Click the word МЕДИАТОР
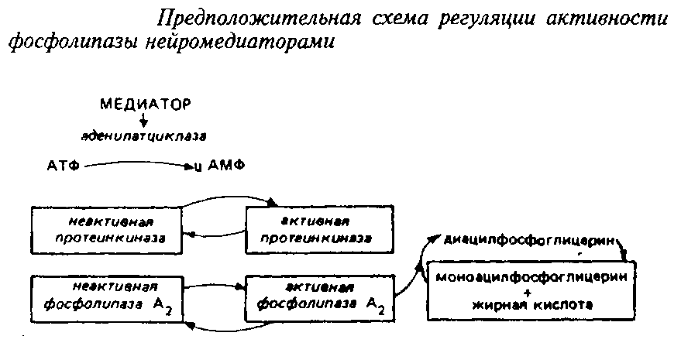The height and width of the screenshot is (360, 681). pos(144,103)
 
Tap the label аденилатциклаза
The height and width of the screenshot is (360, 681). pos(143,136)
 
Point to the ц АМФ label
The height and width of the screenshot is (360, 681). pos(218,166)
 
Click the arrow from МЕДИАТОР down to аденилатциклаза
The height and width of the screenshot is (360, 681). pos(143,119)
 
